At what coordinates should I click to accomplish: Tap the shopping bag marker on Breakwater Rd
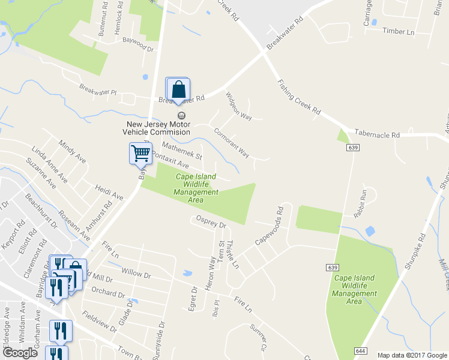[178, 90]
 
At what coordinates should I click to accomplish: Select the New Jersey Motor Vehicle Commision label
[157, 128]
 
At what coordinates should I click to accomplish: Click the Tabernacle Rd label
[377, 135]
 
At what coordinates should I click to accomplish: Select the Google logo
[20, 353]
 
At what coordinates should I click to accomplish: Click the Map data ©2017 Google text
[412, 355]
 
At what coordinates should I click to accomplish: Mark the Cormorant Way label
[232, 144]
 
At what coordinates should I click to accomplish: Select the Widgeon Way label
[238, 106]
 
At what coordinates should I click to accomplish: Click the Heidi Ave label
[109, 192]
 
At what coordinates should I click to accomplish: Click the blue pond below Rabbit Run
[370, 231]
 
